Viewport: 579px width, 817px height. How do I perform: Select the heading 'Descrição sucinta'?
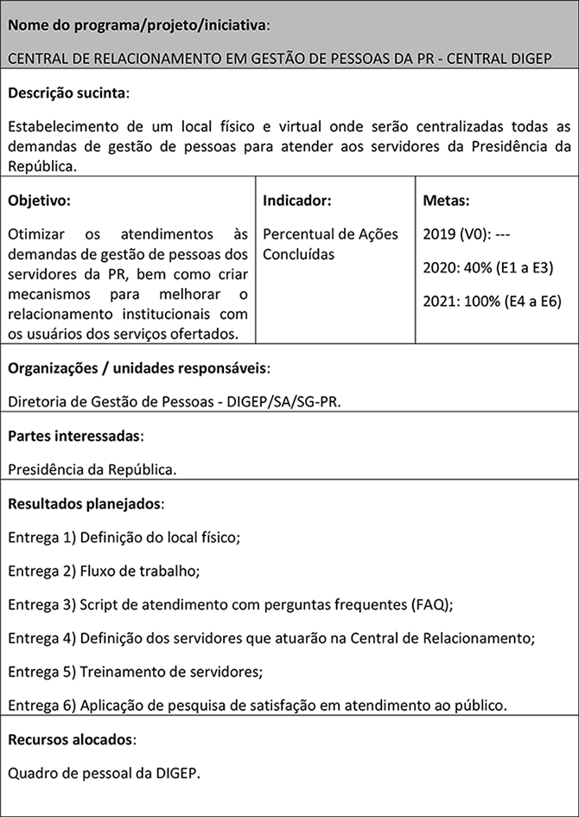(x=68, y=93)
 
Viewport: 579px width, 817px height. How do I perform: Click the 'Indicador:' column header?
(x=297, y=201)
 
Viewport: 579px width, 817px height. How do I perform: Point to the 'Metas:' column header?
(x=446, y=201)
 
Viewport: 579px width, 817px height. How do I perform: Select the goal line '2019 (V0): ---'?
(x=467, y=234)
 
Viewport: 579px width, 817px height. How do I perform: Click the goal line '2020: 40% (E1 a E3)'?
(x=487, y=267)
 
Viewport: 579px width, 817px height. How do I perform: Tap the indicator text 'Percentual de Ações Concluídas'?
(x=330, y=244)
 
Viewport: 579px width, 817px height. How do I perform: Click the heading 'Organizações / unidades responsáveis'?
(x=138, y=368)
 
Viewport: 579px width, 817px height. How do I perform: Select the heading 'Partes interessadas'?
(x=75, y=437)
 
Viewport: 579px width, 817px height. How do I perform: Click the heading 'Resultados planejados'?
(x=86, y=503)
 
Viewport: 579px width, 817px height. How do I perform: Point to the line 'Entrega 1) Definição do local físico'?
(x=124, y=537)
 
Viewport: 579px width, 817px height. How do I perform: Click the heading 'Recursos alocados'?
(x=72, y=740)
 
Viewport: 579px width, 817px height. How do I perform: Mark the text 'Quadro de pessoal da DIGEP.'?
(x=105, y=773)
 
